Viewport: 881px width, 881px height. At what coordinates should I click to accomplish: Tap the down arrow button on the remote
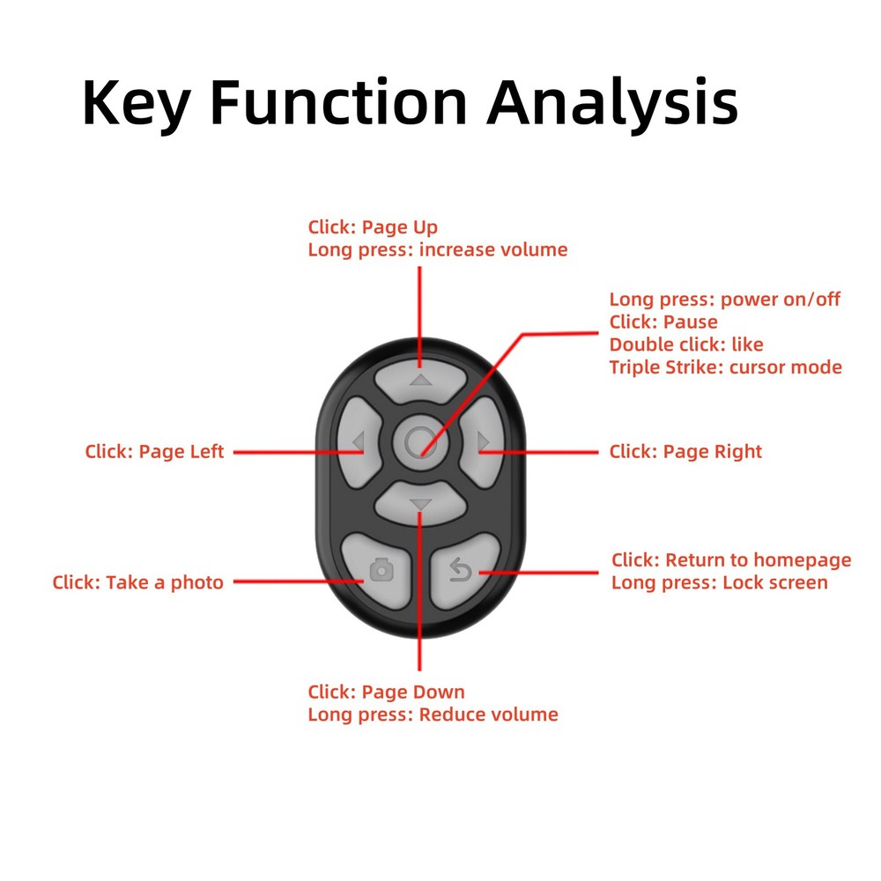pyautogui.click(x=420, y=503)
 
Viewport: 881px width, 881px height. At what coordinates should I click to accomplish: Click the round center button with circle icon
pyautogui.click(x=420, y=440)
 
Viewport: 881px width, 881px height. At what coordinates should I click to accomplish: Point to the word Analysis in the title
pyautogui.click(x=612, y=103)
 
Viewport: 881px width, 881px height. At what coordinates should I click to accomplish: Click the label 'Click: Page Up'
pyautogui.click(x=373, y=227)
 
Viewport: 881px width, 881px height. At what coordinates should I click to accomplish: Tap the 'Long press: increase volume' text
pyautogui.click(x=438, y=250)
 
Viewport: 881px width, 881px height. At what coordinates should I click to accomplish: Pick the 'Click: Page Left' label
pyautogui.click(x=155, y=452)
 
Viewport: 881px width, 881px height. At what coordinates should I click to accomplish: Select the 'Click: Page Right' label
pyautogui.click(x=685, y=452)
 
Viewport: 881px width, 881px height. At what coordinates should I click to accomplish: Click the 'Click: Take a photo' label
pyautogui.click(x=138, y=582)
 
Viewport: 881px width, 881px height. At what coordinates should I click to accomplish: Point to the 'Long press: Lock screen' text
pyautogui.click(x=720, y=582)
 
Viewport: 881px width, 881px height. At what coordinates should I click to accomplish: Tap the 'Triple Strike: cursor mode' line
pyautogui.click(x=726, y=367)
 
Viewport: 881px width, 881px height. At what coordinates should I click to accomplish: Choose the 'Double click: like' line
pyautogui.click(x=686, y=344)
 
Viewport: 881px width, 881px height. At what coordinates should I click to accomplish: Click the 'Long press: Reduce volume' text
pyautogui.click(x=433, y=714)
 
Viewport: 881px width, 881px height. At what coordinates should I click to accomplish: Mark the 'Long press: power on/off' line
pyautogui.click(x=725, y=300)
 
